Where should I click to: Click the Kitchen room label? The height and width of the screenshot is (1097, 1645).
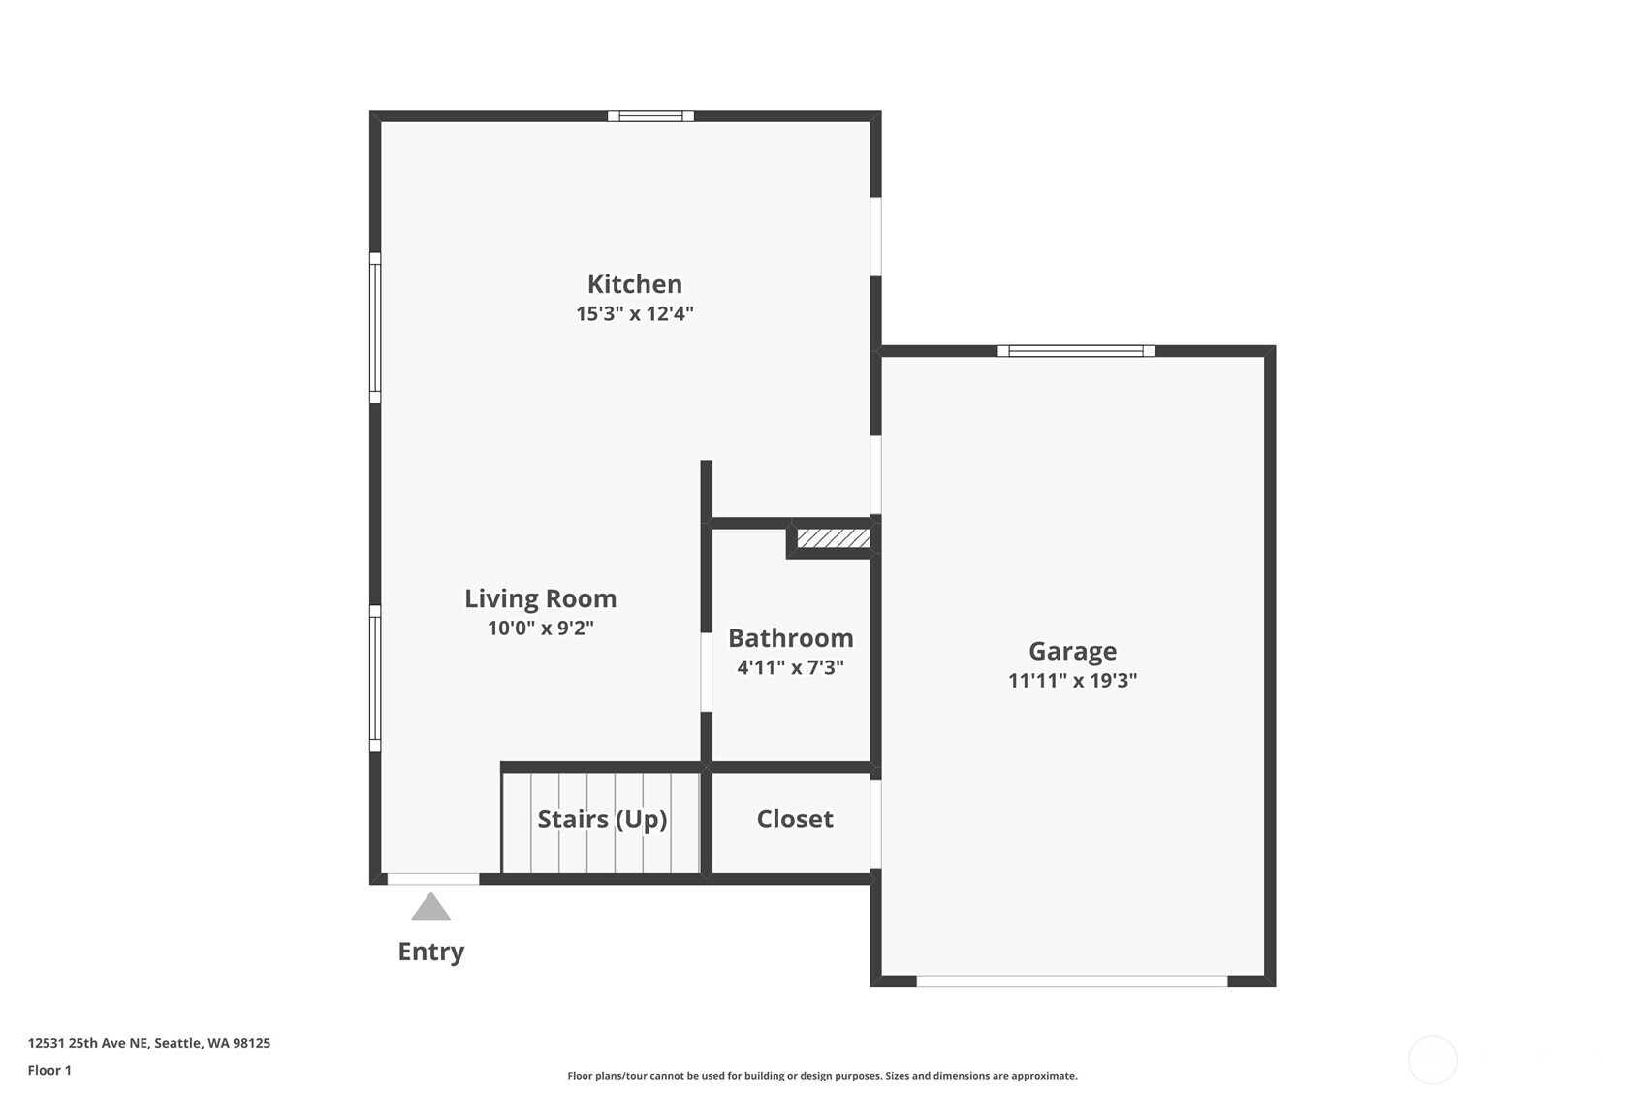(635, 283)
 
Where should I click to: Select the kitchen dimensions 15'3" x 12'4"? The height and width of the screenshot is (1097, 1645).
(635, 313)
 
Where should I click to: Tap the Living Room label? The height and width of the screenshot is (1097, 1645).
(541, 598)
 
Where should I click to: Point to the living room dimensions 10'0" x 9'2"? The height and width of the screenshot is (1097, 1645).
(541, 629)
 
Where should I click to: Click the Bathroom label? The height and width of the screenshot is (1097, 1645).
(791, 638)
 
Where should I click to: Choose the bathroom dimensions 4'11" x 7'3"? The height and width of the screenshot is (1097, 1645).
(791, 667)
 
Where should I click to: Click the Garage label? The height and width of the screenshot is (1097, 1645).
(1072, 651)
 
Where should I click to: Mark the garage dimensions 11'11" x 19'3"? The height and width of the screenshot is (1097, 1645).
(1072, 680)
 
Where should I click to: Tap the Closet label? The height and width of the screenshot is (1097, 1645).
(795, 819)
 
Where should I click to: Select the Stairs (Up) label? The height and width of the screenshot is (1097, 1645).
(602, 820)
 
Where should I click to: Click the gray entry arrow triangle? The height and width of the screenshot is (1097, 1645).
(430, 908)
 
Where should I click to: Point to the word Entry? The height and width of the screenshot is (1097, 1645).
(431, 952)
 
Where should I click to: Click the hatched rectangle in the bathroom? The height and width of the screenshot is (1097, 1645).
(834, 538)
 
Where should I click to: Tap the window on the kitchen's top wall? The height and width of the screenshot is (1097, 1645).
(650, 115)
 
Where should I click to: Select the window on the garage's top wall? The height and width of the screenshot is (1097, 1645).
(1076, 351)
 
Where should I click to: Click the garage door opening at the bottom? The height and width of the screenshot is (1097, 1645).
(1072, 982)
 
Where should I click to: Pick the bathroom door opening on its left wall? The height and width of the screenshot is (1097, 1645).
(707, 672)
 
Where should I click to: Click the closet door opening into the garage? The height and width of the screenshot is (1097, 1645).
(875, 823)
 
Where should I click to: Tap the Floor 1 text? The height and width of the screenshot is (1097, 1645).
(50, 1070)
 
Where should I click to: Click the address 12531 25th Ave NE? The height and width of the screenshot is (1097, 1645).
(88, 1043)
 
